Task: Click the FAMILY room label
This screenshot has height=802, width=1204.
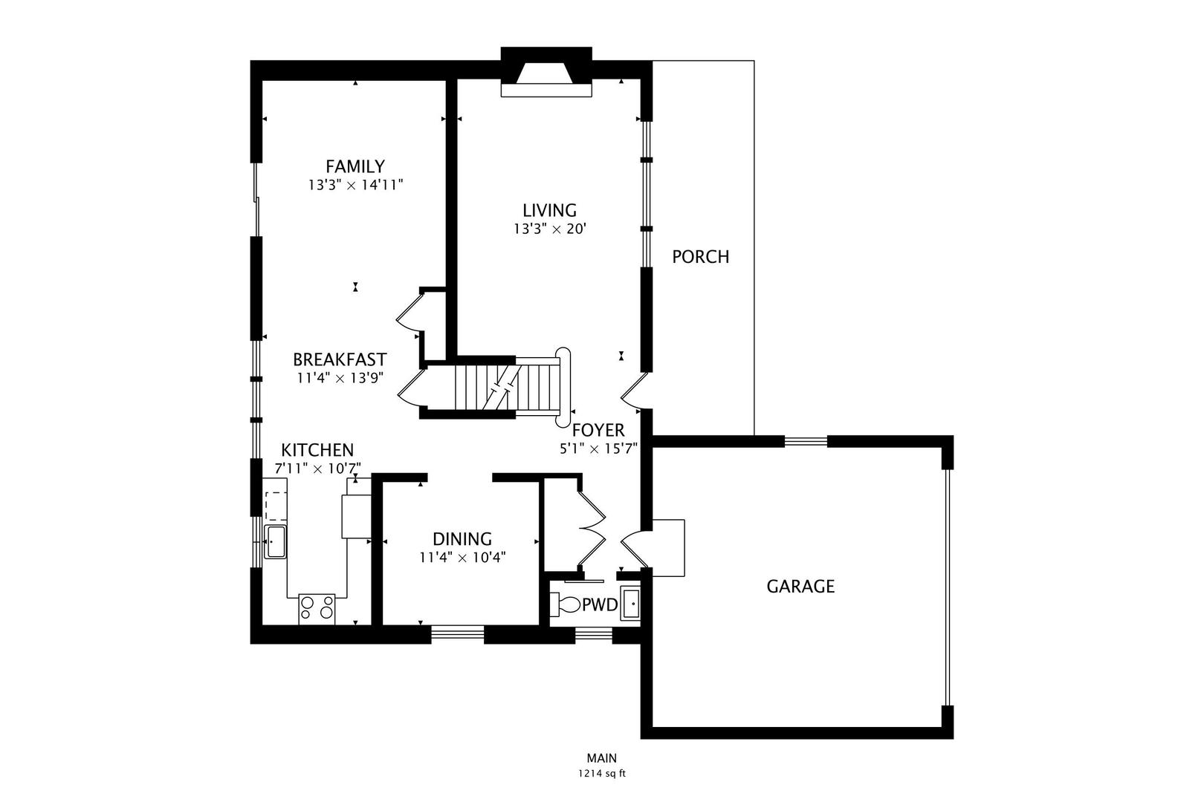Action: (355, 166)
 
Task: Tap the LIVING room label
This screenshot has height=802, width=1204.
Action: (549, 210)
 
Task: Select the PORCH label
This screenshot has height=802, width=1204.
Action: (700, 257)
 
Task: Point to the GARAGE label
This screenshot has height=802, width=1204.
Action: (800, 586)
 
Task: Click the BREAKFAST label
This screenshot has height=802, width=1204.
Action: (340, 359)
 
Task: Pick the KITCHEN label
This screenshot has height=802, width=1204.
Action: (317, 449)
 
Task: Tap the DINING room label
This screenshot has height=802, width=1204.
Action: (462, 538)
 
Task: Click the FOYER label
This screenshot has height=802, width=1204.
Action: (598, 430)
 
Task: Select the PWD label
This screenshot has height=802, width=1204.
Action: (600, 605)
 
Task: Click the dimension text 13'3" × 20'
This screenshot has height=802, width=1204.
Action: (549, 229)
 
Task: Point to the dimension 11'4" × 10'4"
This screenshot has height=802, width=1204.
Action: (462, 558)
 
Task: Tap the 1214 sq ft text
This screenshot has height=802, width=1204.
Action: (602, 774)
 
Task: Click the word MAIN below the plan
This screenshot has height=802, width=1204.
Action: (602, 758)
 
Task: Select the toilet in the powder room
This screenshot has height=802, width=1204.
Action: (565, 605)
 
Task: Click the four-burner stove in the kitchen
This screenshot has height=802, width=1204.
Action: (317, 609)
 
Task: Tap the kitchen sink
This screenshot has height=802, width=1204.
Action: (275, 541)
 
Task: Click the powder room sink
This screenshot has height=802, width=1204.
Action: (630, 604)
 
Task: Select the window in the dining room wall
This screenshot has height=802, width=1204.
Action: (457, 634)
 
